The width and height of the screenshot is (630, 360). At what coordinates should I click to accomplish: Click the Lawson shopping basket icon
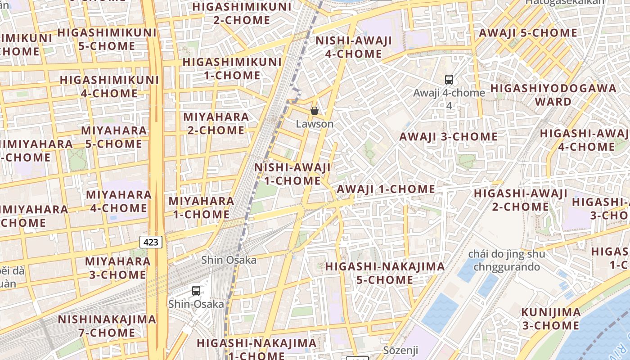tap(315, 110)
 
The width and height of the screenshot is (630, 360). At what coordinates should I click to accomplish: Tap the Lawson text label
tap(315, 124)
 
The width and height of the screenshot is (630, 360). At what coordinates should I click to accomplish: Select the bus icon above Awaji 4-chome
tap(449, 80)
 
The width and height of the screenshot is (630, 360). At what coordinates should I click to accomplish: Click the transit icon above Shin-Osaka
tap(196, 290)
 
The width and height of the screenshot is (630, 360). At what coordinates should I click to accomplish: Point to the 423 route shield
tap(151, 242)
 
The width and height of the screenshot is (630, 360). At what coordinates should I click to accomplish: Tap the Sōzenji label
tap(400, 350)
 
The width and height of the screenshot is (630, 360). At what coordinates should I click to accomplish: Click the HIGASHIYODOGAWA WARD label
tap(553, 94)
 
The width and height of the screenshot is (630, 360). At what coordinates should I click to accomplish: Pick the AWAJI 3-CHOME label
tap(448, 137)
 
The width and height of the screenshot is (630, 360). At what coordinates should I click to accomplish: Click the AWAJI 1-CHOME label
tap(386, 189)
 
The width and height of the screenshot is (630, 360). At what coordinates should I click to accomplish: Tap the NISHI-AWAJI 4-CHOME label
tap(354, 47)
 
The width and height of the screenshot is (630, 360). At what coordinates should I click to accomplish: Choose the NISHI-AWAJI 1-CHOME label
tap(292, 174)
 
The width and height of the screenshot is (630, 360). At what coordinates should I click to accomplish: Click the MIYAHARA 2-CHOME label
tap(216, 124)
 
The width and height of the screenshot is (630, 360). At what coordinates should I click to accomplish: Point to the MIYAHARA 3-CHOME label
tap(118, 268)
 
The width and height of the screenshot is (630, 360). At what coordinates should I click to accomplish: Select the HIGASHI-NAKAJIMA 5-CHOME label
tap(385, 273)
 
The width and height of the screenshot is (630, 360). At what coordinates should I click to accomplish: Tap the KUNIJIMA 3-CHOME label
tap(551, 319)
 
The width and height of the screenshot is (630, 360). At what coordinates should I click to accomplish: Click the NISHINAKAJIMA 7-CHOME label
tap(107, 326)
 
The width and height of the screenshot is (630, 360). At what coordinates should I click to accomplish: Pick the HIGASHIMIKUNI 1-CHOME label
tap(232, 68)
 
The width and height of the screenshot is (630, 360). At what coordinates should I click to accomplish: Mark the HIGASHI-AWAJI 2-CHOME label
tap(520, 200)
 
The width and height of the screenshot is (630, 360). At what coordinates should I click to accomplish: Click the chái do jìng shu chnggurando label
tap(506, 261)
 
